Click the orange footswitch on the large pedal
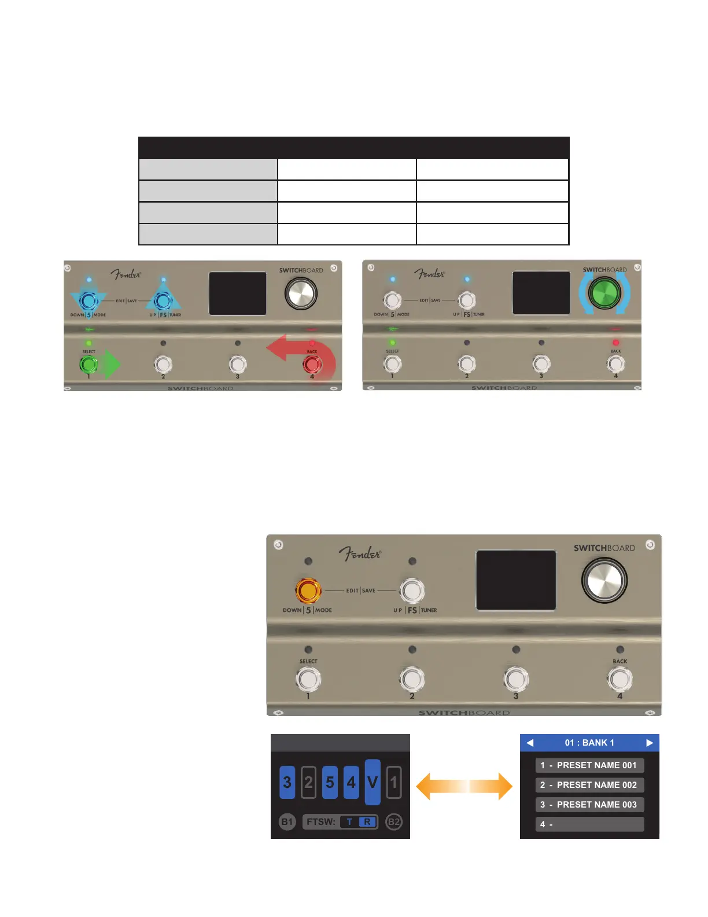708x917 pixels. pos(308,590)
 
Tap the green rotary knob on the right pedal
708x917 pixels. pos(604,292)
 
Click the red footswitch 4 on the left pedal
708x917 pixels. pos(312,365)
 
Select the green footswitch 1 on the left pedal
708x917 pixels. pos(89,365)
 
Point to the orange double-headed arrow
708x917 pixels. pos(464,787)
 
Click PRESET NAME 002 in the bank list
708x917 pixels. pos(589,785)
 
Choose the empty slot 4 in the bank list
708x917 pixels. pos(589,824)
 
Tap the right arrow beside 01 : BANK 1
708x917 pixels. pos(650,743)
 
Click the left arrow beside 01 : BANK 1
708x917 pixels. pos(530,743)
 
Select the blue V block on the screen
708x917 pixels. pos(373,782)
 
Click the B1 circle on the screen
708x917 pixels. pos(287,821)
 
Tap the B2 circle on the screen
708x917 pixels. pos(394,821)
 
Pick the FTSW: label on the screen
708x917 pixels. pos(321,821)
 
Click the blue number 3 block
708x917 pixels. pos(287,783)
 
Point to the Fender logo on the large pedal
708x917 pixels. pos(360,554)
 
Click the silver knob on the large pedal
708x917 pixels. pos(604,580)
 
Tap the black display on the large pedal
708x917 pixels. pos(516,579)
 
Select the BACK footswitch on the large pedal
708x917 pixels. pos(620,680)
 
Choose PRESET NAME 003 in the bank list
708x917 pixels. pos(589,805)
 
